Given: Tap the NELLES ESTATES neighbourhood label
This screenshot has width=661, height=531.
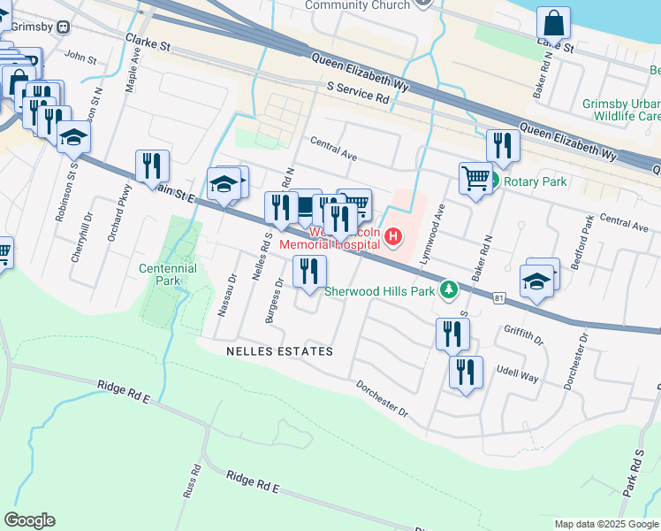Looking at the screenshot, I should click(277, 351).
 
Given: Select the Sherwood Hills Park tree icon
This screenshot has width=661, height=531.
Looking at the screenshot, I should click(450, 289).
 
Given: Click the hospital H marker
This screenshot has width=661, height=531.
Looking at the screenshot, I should click(391, 237).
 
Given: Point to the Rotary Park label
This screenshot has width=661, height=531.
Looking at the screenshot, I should click(535, 182).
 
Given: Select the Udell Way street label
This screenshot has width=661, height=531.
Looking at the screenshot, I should click(517, 375).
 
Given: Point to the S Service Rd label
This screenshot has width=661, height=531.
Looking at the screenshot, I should click(358, 93).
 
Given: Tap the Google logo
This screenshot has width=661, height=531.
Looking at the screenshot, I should click(29, 520).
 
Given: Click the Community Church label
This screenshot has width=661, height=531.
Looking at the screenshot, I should click(358, 5).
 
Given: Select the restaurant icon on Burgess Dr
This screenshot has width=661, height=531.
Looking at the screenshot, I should click(309, 272).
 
